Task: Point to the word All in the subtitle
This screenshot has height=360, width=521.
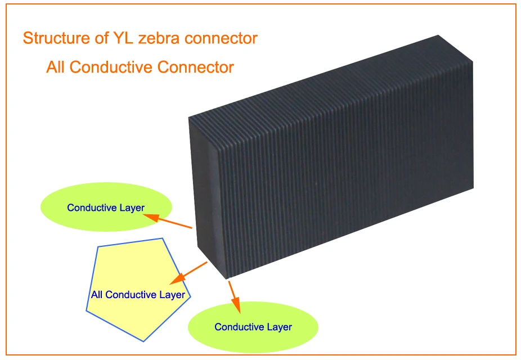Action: pos(56,67)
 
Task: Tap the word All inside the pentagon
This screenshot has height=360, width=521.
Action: pos(97,295)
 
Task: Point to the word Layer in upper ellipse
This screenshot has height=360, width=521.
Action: pos(132,208)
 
